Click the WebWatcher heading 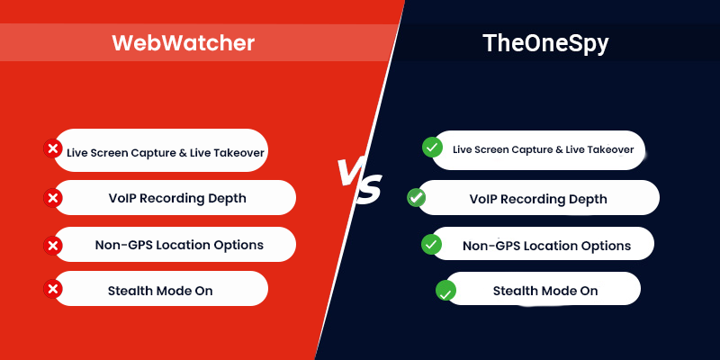pos(183,42)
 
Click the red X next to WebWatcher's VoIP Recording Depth pos(53,197)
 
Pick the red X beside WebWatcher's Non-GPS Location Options pos(53,245)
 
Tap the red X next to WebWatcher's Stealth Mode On pos(53,289)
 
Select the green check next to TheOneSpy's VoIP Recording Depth pos(417,197)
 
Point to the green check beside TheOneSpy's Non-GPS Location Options pos(432,244)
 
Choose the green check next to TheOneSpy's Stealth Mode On pos(445,291)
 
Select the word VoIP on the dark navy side pos(487,199)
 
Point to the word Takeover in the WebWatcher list pos(235,152)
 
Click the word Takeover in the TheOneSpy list pos(608,149)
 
